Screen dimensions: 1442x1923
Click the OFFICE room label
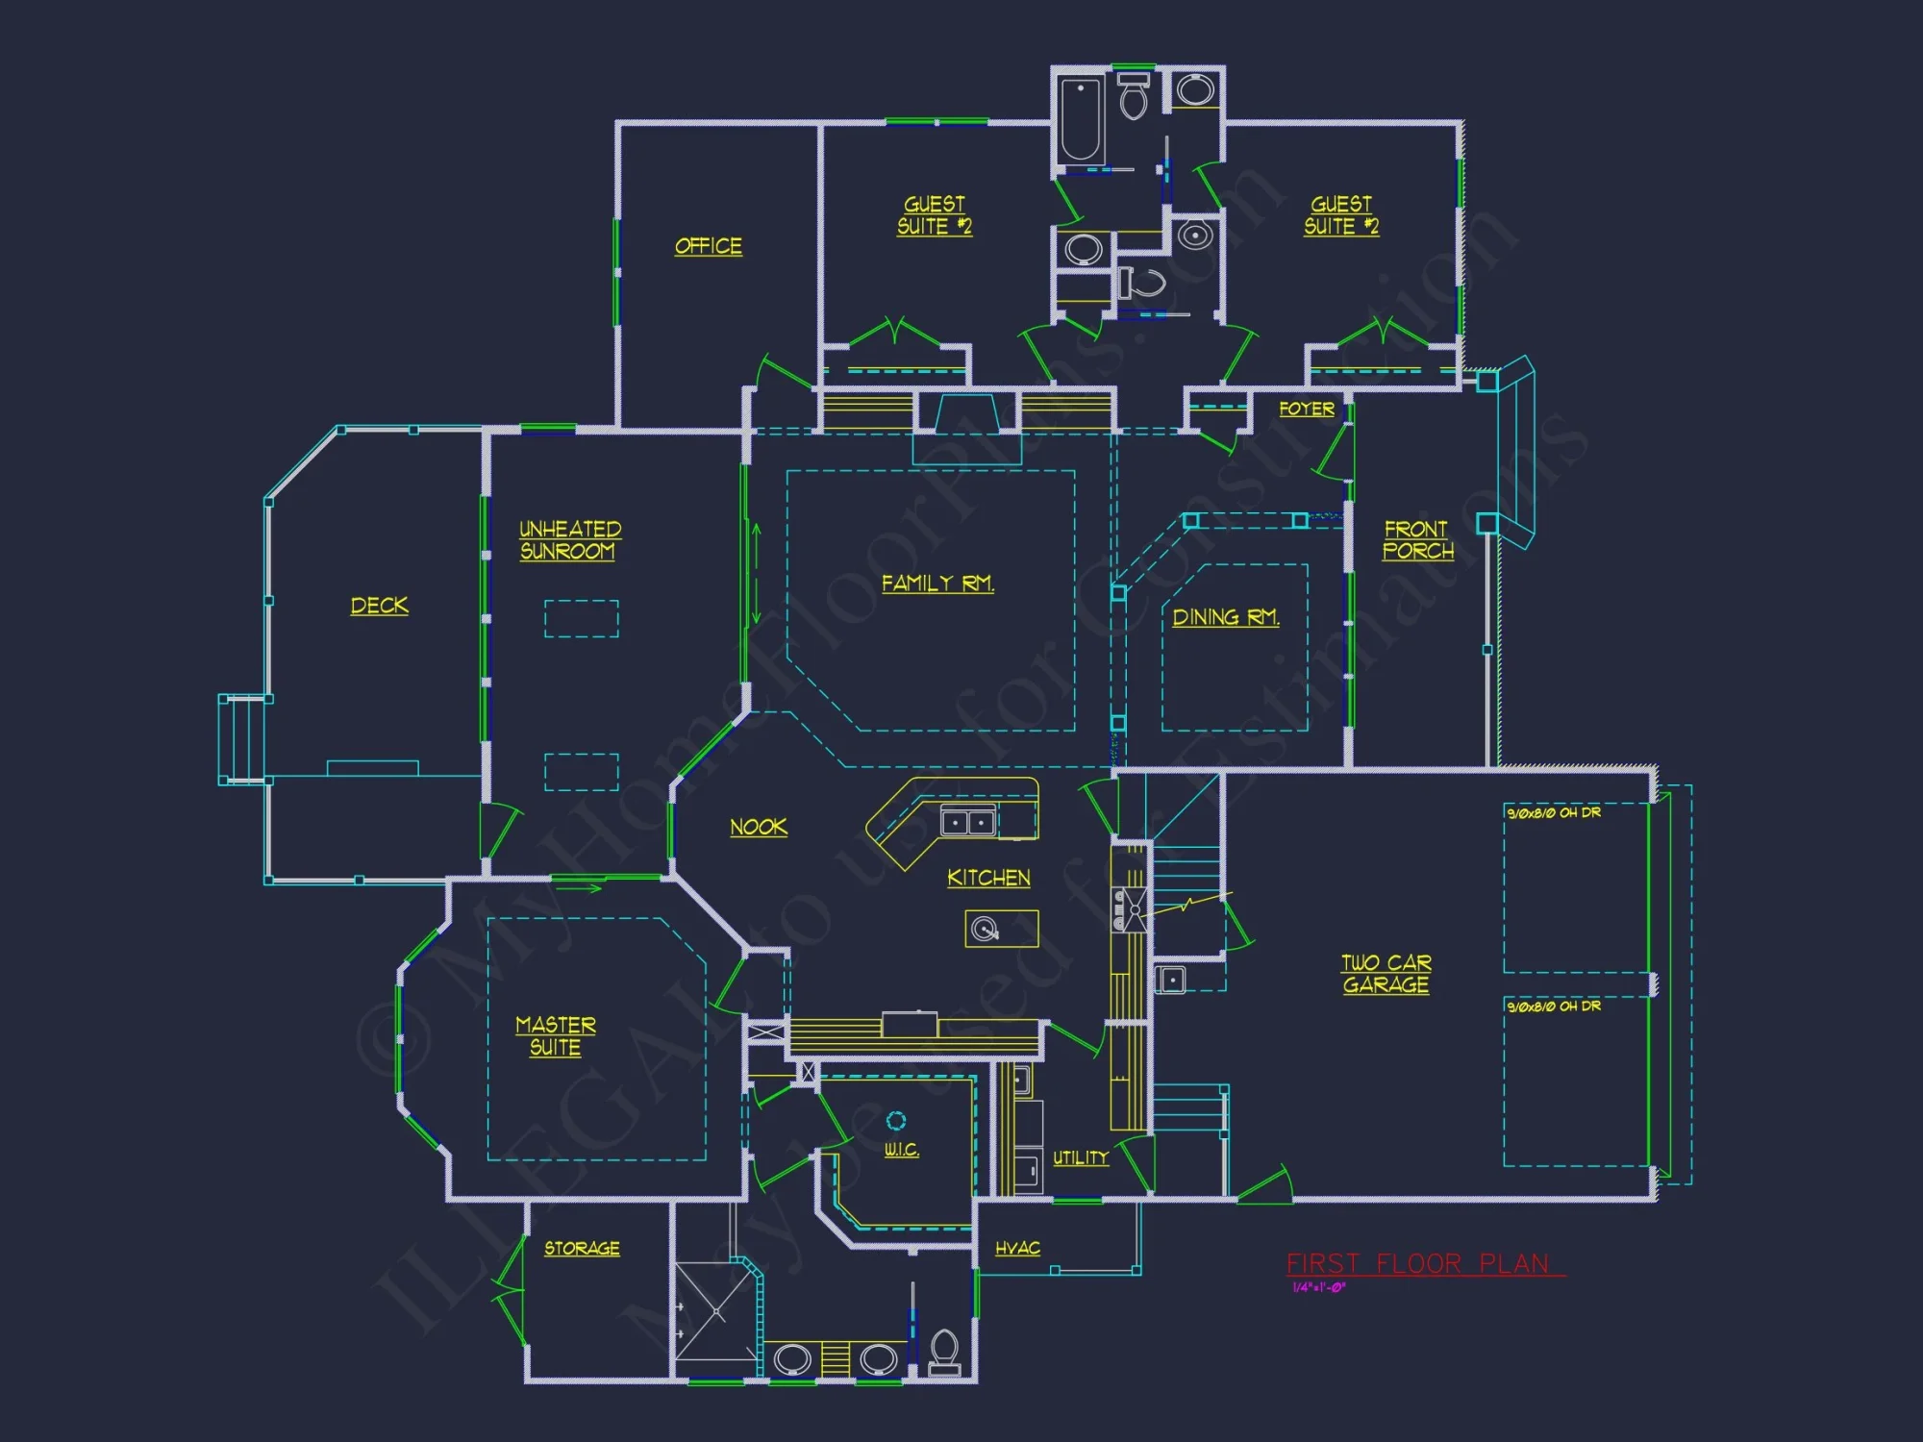point(708,246)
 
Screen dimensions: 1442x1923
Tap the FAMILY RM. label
point(937,584)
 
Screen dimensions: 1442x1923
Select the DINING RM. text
point(1225,617)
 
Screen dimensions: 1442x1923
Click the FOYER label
point(1306,409)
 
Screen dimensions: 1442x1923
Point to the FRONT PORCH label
point(1417,540)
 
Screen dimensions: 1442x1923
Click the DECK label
point(379,606)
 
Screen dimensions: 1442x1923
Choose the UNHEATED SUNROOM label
point(569,540)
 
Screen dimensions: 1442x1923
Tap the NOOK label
point(758,827)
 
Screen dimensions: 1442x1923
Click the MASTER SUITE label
point(555,1036)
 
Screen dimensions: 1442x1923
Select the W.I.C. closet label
point(901,1150)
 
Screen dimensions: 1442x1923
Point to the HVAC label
point(1017,1248)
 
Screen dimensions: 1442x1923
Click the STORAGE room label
point(582,1248)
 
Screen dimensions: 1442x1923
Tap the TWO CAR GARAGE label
point(1386,974)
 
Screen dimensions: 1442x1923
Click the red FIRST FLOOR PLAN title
point(1418,1263)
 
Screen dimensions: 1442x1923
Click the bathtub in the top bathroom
point(1080,120)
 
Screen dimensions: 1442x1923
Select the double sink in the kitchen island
point(967,823)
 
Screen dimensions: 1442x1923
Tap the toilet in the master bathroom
point(944,1352)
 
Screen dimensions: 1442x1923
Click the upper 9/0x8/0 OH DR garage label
point(1553,813)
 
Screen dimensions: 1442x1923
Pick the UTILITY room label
point(1080,1158)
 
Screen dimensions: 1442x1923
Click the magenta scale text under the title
point(1318,1288)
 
